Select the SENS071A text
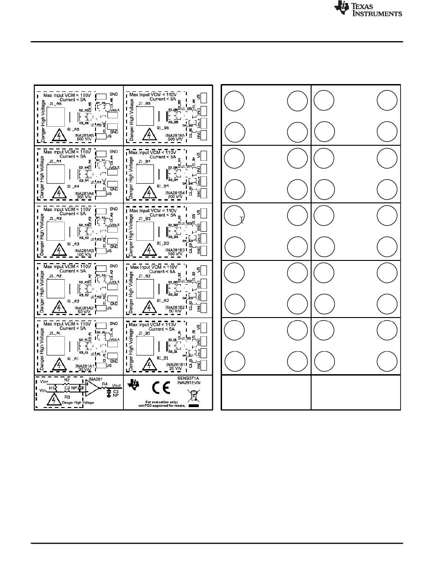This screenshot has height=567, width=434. (x=188, y=378)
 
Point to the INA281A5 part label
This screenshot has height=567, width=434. (x=85, y=135)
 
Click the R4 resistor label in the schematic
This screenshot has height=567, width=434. (x=105, y=384)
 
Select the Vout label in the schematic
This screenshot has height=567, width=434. (x=116, y=386)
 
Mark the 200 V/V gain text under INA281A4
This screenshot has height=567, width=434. (x=85, y=196)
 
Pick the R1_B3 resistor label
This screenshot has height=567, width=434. (x=163, y=244)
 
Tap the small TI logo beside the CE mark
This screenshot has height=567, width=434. (x=134, y=385)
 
